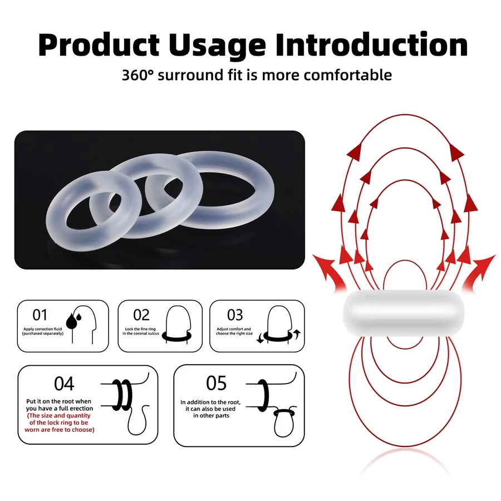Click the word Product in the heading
(x=99, y=45)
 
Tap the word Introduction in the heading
(x=372, y=45)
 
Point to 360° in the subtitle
(x=137, y=75)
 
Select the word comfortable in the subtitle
(x=347, y=75)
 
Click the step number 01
(x=40, y=315)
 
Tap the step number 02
(x=141, y=315)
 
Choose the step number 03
(x=235, y=315)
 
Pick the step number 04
(x=64, y=384)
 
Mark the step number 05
(x=217, y=383)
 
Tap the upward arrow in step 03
(x=297, y=334)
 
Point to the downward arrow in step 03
(x=260, y=338)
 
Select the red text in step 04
(x=60, y=423)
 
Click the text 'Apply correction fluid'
(x=42, y=329)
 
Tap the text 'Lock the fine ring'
(x=140, y=329)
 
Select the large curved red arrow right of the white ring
(x=479, y=272)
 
